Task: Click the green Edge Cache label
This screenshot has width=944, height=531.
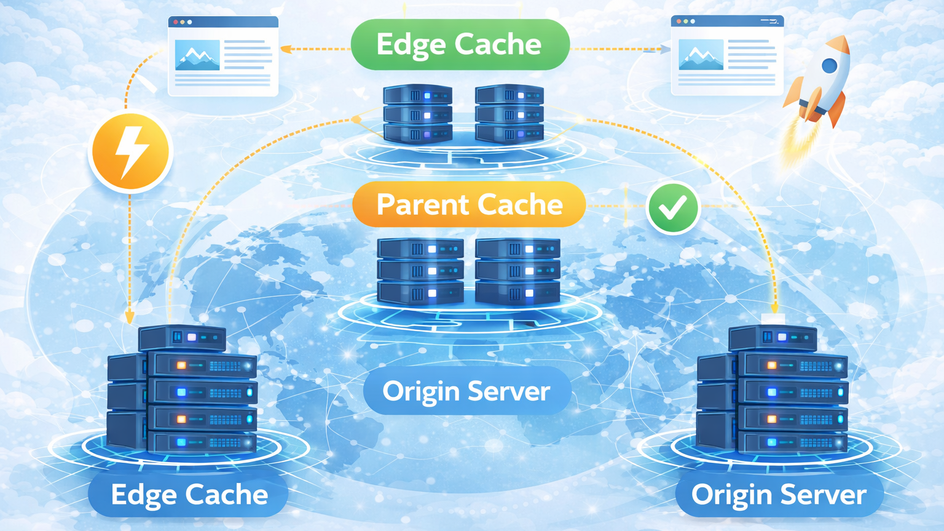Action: click(460, 44)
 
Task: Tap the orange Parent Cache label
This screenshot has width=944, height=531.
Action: click(469, 204)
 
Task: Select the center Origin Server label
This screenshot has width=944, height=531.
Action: click(466, 391)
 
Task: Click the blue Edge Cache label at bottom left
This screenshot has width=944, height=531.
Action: click(189, 495)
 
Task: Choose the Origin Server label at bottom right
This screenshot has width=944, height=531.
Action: click(779, 495)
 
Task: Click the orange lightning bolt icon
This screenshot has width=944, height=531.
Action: click(130, 151)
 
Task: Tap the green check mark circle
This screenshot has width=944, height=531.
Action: click(673, 208)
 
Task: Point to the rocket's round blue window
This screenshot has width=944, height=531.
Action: click(829, 65)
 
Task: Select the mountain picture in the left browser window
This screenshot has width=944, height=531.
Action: click(197, 55)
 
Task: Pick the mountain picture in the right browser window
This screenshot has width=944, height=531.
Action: click(701, 55)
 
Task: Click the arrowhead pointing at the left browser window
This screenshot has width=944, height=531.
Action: click(285, 49)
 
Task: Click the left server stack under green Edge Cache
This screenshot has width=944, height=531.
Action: click(418, 114)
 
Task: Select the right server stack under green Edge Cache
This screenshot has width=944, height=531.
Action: click(509, 114)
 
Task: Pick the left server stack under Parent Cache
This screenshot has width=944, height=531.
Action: click(420, 271)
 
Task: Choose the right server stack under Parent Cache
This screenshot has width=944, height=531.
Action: click(517, 271)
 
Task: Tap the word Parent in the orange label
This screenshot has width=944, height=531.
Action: click(422, 204)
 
